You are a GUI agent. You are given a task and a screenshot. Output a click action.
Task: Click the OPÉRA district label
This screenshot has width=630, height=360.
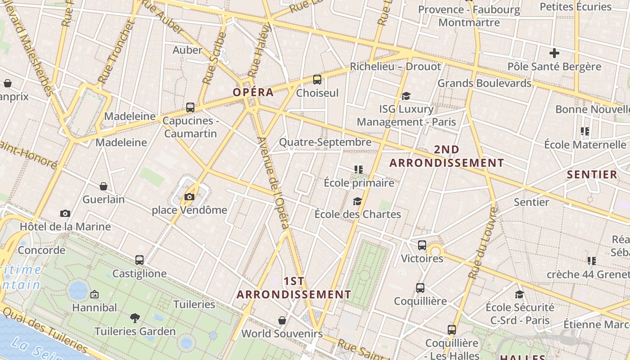coord(253,92)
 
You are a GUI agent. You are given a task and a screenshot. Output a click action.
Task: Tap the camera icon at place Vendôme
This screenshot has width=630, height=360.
coord(189,197)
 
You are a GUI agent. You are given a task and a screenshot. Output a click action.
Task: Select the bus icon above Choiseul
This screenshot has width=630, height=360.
coord(317,80)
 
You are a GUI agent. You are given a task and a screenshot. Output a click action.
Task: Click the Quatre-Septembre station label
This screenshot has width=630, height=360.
coord(325,142)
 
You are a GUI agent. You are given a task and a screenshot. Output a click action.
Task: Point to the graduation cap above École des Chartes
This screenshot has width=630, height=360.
coord(357,201)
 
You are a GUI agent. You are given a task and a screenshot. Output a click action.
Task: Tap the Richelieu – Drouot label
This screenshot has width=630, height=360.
coord(396,67)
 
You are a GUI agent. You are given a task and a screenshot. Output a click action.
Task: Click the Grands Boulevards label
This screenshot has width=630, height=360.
coord(484,83)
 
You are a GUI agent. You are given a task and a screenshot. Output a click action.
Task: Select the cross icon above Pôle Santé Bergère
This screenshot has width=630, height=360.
coord(554,53)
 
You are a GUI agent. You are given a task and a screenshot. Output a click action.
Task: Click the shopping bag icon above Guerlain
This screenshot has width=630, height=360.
coord(103,186)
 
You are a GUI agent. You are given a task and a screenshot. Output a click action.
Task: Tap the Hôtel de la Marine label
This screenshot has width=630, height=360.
coord(65,226)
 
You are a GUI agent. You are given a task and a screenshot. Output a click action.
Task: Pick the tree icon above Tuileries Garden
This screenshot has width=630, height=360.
coord(135,318)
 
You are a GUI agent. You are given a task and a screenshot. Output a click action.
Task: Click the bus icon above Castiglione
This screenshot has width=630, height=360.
coord(139,260)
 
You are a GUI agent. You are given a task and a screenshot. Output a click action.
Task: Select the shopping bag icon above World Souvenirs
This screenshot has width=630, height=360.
coord(282,320)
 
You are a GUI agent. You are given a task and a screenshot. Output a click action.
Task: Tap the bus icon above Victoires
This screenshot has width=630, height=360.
coord(422,245)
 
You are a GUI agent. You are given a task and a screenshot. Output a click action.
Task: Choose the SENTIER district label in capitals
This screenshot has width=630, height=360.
coord(592,175)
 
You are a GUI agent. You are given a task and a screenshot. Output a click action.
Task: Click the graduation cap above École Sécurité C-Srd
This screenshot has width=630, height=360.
coord(520,294)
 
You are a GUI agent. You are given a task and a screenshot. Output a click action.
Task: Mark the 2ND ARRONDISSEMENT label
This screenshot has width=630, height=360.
coord(447,156)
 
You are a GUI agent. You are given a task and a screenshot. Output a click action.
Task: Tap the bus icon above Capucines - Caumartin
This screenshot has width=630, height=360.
coord(190,107)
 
